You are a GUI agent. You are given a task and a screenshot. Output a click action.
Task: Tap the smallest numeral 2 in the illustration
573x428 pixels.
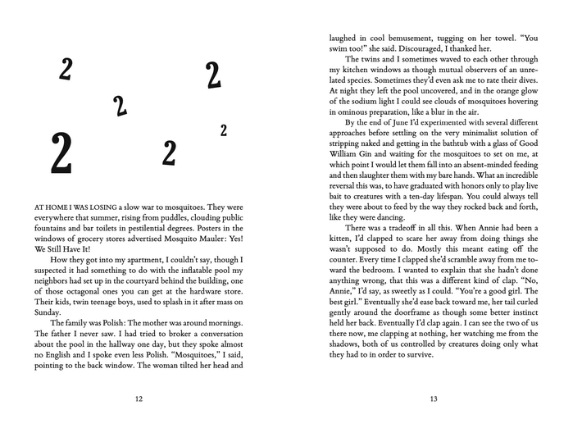tap(224, 130)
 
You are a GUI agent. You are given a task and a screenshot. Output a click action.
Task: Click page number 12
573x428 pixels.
tap(138, 398)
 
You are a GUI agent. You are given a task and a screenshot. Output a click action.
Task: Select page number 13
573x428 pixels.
tap(434, 398)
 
